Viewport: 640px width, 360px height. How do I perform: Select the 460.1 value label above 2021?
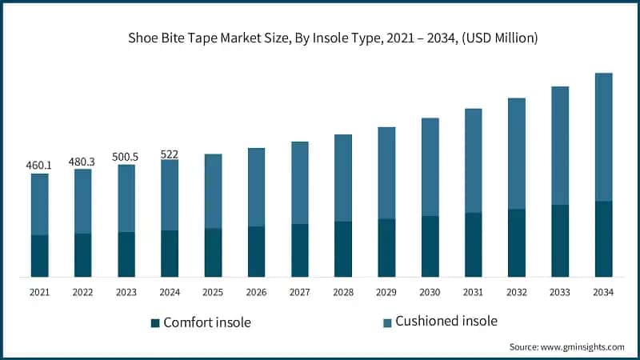point(38,166)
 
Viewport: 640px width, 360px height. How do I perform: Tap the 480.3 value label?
point(82,161)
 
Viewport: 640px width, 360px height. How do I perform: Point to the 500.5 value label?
point(125,157)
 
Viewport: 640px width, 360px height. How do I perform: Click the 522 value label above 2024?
point(169,153)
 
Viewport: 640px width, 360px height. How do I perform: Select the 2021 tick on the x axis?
point(39,293)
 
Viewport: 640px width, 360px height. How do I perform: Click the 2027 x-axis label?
point(299,293)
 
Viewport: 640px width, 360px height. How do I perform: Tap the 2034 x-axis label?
point(603,293)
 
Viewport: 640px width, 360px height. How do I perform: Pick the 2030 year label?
point(430,293)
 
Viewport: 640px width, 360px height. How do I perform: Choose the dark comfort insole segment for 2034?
point(603,238)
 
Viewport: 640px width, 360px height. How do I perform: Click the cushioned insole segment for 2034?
point(603,137)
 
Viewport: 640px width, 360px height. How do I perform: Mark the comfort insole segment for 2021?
point(39,255)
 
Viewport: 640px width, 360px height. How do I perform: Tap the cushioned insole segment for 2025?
point(213,191)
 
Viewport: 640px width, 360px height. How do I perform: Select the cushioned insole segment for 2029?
point(386,173)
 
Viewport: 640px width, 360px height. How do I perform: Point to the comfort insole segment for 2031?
point(473,244)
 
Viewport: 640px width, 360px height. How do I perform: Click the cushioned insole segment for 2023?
point(126,198)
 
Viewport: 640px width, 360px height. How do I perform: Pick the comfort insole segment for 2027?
point(299,250)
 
